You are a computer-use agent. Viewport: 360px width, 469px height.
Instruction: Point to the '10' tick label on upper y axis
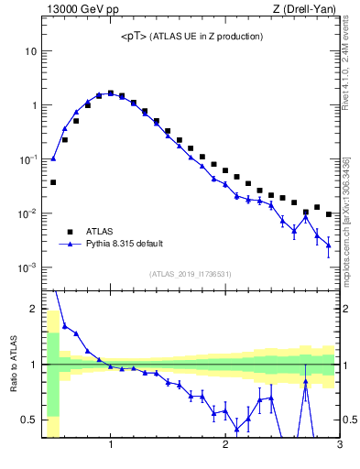(x=29, y=51)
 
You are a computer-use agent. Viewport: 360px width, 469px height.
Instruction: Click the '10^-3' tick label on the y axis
(x=27, y=267)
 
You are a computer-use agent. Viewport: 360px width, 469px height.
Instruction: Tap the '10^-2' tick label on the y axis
(x=27, y=213)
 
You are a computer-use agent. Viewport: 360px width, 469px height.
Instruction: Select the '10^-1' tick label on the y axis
(x=27, y=159)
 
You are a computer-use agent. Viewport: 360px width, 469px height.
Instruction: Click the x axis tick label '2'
(x=225, y=446)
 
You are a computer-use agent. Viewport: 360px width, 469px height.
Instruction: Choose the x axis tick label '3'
(x=340, y=446)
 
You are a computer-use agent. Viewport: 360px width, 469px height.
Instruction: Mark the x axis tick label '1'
(x=111, y=446)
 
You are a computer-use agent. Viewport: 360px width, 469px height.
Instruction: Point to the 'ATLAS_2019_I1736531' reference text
(x=190, y=274)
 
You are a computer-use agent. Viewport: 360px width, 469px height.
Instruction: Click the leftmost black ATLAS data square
(x=53, y=182)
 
